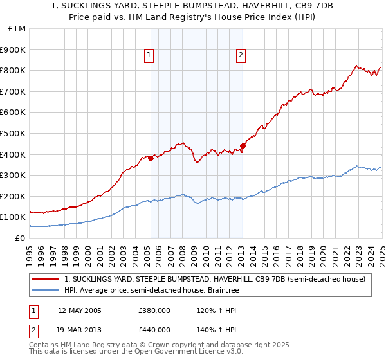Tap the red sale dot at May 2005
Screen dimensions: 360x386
[x=151, y=158]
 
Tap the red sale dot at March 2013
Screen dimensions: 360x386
[x=243, y=145]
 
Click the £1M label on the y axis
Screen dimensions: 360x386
[x=17, y=29]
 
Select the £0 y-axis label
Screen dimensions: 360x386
[x=21, y=238]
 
